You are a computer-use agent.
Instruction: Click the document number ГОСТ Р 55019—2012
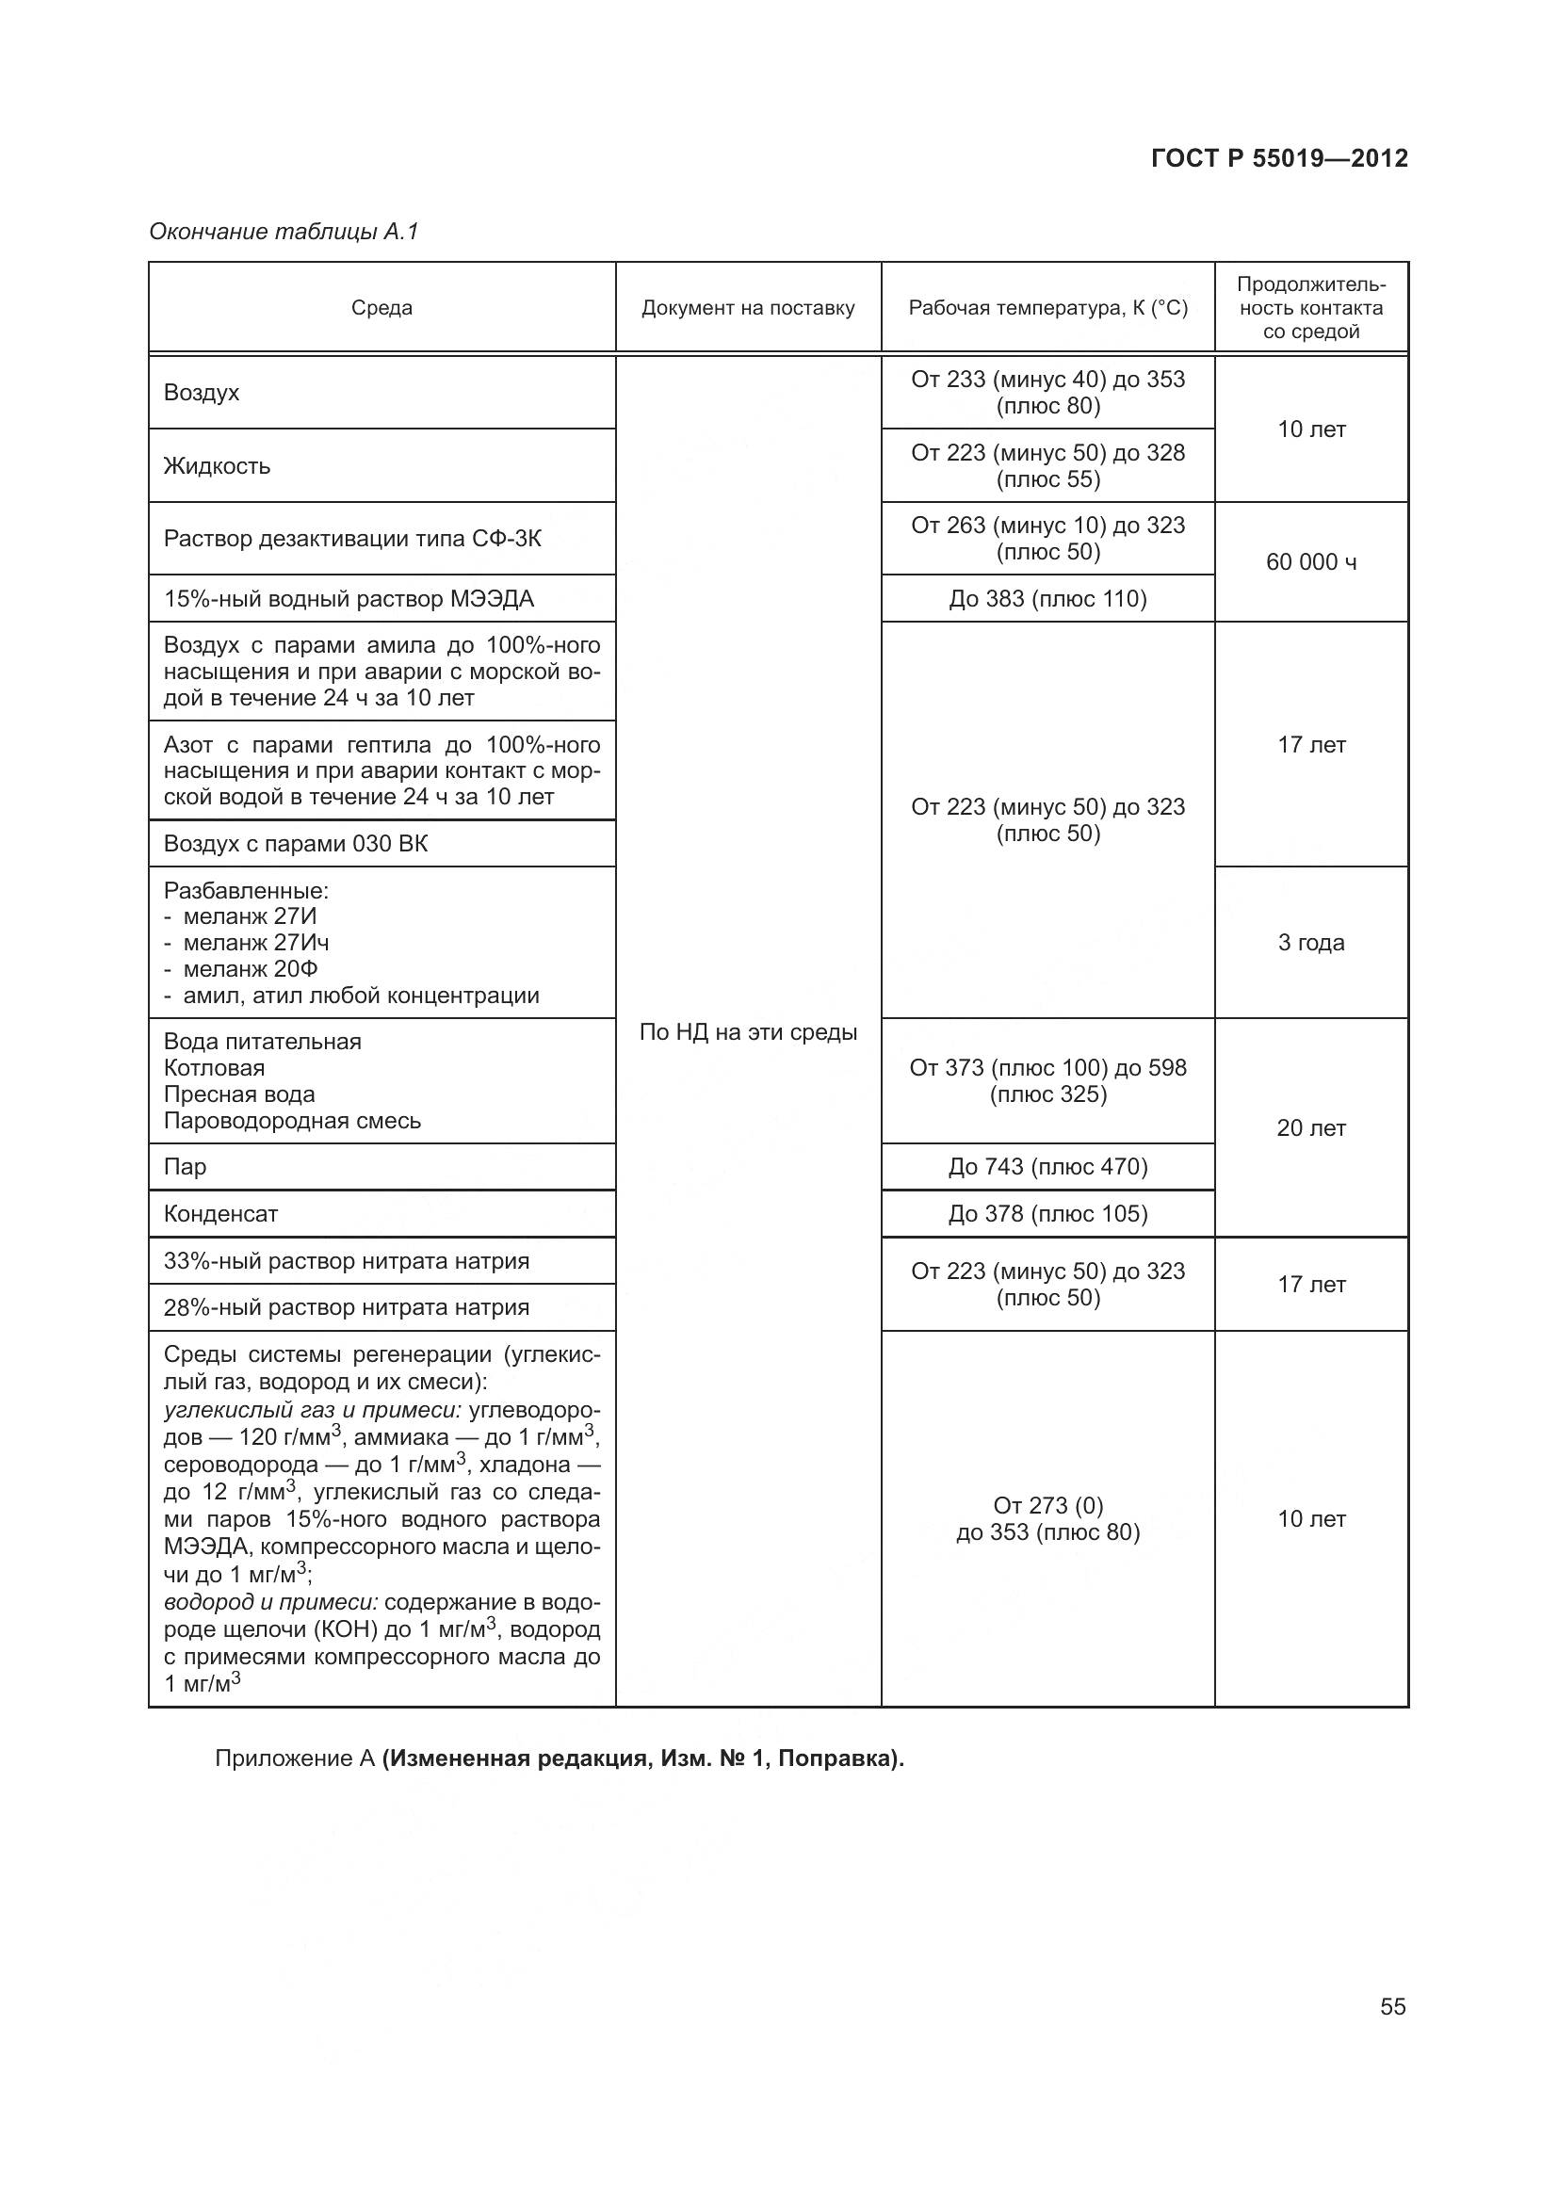click(x=1279, y=158)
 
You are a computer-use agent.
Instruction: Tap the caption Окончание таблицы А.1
click(x=284, y=233)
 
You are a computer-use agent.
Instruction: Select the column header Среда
click(x=381, y=308)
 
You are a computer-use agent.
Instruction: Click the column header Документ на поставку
click(x=747, y=308)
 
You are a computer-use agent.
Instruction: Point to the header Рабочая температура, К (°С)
click(x=1047, y=308)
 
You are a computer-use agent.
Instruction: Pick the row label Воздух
click(x=202, y=393)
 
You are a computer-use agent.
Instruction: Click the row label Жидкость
click(x=217, y=466)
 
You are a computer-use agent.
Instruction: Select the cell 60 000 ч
click(x=1310, y=562)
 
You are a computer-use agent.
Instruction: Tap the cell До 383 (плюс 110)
click(x=1047, y=599)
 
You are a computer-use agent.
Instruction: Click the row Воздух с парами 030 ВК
click(x=296, y=843)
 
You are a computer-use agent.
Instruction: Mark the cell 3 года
click(x=1310, y=942)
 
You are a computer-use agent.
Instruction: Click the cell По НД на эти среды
click(x=747, y=1032)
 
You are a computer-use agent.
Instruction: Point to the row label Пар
click(x=186, y=1167)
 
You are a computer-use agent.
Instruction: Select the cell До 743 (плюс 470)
click(x=1047, y=1167)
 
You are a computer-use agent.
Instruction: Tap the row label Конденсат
click(x=220, y=1214)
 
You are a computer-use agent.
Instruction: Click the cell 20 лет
click(x=1310, y=1128)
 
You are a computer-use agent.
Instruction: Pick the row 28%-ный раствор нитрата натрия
click(x=347, y=1307)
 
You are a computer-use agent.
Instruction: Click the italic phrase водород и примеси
click(x=271, y=1603)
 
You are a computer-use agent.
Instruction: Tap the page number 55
click(x=1392, y=2006)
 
